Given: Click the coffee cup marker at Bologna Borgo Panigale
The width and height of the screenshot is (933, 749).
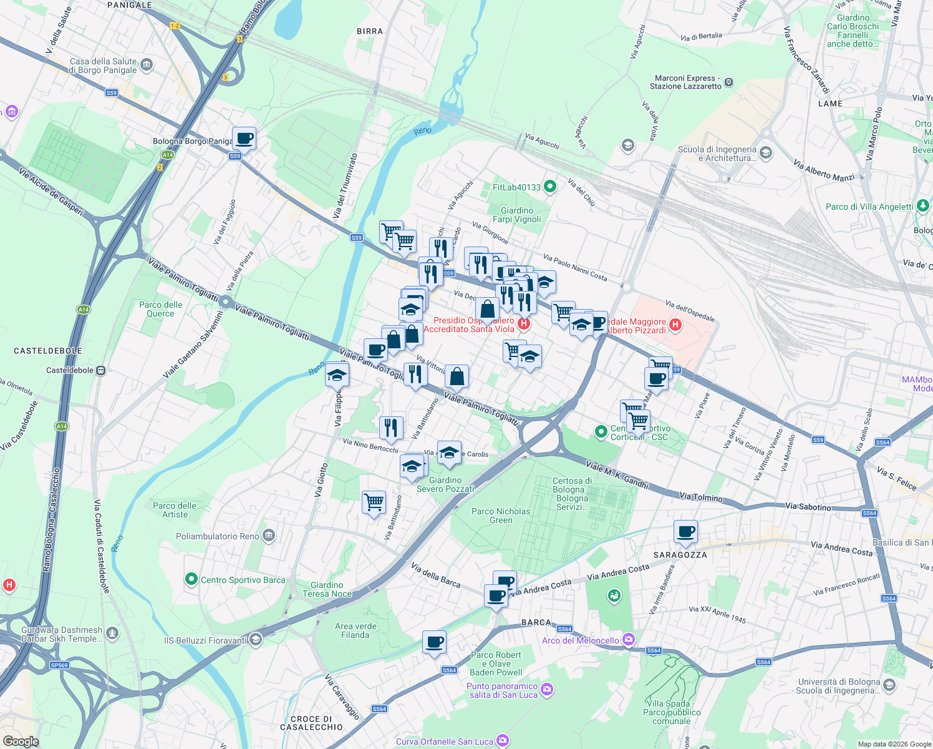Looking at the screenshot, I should [244, 139].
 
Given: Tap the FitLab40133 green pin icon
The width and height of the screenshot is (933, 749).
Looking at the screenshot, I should [549, 187].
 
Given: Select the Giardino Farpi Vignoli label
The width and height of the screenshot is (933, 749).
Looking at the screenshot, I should [516, 215].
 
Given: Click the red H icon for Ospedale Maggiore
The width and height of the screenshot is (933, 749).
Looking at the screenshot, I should [675, 325].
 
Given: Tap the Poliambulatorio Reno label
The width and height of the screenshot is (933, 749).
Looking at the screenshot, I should [217, 536].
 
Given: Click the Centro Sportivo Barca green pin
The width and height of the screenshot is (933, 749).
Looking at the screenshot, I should [191, 580].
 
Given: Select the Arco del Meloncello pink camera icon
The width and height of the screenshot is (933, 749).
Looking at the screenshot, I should [628, 640].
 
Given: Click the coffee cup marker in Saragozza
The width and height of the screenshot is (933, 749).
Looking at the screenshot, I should [685, 532].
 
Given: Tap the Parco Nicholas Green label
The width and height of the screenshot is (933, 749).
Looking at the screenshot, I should [500, 516].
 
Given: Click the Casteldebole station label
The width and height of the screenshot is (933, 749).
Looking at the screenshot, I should [69, 370].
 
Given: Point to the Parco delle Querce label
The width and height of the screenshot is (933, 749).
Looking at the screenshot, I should [160, 309].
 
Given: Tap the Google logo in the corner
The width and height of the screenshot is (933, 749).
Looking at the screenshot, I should [21, 741].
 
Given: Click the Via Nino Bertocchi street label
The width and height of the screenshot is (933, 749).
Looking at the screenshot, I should [370, 445].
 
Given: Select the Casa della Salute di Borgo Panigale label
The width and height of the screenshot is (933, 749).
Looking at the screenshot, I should [103, 66].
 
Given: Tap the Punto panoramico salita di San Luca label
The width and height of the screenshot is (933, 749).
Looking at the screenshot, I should [502, 690].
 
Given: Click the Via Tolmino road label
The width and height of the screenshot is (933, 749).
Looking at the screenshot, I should [701, 497].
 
